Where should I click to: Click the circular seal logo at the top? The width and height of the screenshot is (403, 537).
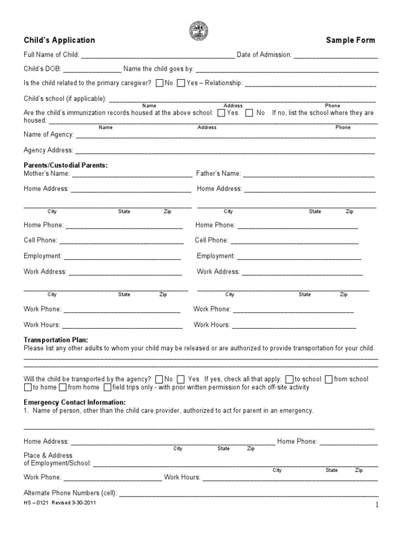tap(201, 30)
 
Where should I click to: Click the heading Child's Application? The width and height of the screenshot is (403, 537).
tap(59, 40)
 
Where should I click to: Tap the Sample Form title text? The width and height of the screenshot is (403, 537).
tap(351, 40)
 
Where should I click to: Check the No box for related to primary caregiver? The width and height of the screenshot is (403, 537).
tap(160, 83)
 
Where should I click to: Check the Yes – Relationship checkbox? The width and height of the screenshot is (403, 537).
tap(181, 83)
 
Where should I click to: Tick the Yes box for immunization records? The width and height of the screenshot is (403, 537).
tap(221, 113)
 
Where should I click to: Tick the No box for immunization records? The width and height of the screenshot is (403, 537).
tap(250, 113)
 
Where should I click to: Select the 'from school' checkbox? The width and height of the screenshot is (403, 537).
tap(329, 379)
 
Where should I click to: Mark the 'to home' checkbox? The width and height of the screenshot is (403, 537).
tap(28, 388)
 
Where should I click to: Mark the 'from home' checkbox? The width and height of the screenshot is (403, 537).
tap(62, 388)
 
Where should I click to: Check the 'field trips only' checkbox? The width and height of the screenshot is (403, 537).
tap(108, 388)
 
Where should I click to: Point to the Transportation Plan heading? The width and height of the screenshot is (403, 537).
tap(56, 340)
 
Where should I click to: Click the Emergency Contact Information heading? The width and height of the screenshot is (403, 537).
tap(75, 402)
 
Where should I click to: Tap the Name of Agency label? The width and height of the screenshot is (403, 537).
tap(49, 135)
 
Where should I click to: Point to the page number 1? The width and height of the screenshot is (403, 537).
tap(377, 505)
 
